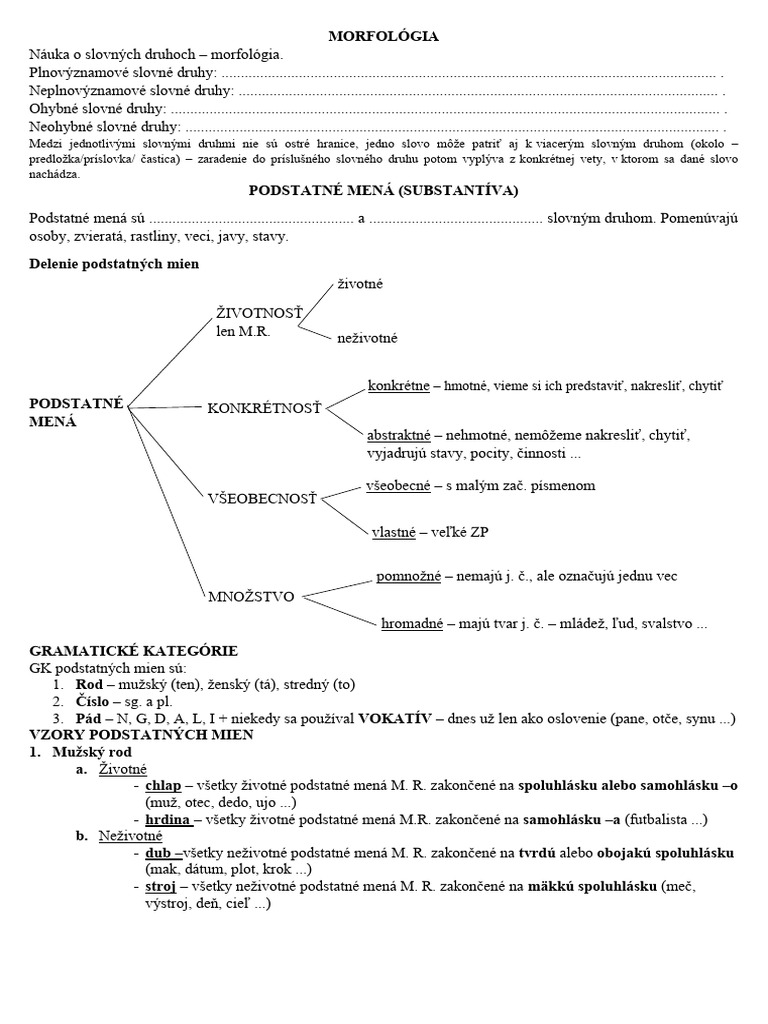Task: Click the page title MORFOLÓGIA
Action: (384, 37)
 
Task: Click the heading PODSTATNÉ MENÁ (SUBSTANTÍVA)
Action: (383, 190)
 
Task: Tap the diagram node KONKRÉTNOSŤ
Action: (264, 408)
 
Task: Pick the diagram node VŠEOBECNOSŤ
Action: (261, 498)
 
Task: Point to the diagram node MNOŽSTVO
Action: (251, 597)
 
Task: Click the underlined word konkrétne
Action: (398, 385)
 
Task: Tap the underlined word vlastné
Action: (393, 533)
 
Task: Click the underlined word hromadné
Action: (412, 625)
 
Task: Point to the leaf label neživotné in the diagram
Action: (367, 338)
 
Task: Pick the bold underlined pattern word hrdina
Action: (167, 819)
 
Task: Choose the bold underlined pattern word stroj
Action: (160, 886)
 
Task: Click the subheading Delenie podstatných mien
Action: (114, 264)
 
